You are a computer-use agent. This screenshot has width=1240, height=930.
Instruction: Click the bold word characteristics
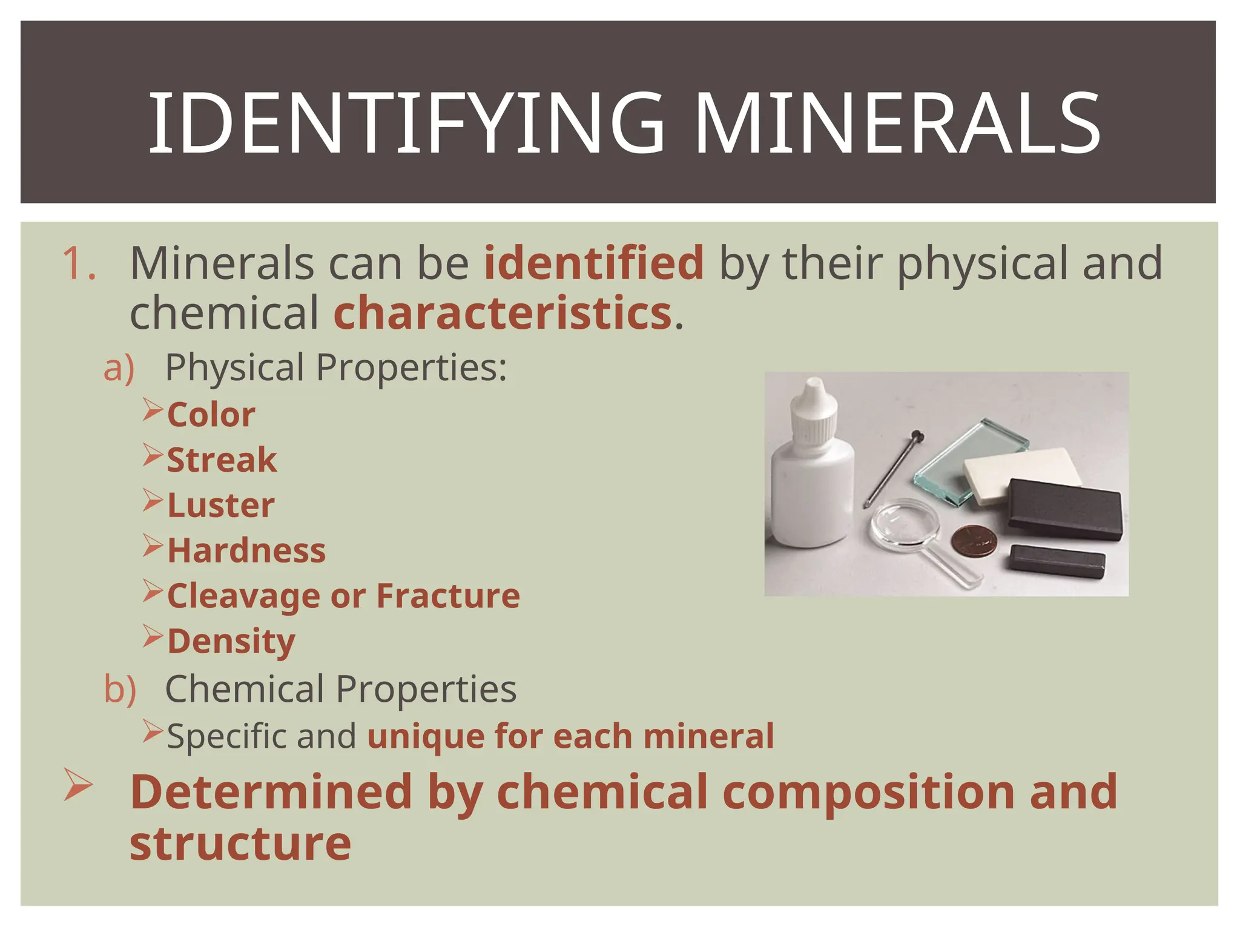503,314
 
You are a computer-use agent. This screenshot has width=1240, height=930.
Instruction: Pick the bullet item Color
211,415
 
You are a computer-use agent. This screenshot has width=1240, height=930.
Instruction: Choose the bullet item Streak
222,460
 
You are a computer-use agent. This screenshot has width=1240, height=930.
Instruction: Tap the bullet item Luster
221,506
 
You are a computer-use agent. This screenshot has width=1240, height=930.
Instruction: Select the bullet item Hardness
246,551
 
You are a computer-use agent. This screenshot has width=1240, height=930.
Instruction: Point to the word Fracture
448,596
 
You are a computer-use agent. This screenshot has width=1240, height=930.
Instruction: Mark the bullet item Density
231,642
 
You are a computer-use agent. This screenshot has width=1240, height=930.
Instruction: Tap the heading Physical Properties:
336,368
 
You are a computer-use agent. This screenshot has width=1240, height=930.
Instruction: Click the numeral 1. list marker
79,264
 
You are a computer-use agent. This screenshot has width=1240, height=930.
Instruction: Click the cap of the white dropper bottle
814,409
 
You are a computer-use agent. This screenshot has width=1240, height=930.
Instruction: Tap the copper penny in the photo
972,540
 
